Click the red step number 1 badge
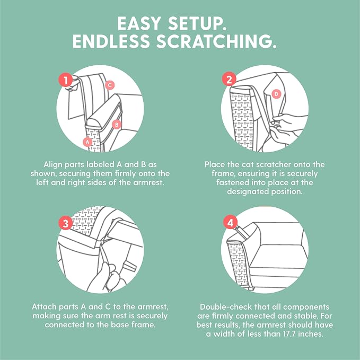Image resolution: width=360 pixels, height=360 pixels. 66,80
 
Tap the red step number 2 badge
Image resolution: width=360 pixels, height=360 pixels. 229,79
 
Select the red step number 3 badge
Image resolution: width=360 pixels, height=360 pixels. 66,223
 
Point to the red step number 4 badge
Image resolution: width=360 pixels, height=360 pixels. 230,222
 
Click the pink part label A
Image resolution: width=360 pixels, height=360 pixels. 87,142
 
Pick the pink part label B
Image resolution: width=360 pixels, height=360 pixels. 117,125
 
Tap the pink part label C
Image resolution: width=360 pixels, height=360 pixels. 110,85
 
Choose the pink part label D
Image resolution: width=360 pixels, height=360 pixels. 276,94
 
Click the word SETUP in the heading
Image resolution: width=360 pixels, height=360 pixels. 197,24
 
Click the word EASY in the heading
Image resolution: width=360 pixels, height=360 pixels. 139,24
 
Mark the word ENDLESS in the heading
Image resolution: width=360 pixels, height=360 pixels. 111,41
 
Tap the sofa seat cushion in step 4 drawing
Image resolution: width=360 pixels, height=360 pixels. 278,256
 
